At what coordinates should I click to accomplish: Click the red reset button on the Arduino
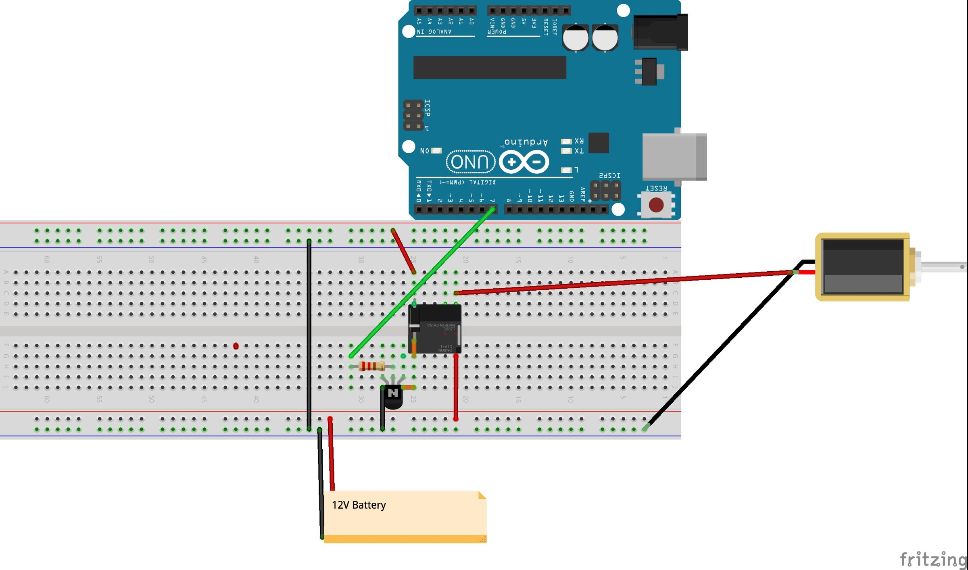pyautogui.click(x=656, y=205)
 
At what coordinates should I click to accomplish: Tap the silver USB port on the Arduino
pyautogui.click(x=674, y=156)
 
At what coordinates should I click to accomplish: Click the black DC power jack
pyautogui.click(x=660, y=32)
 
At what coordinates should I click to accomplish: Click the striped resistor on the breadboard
pyautogui.click(x=371, y=366)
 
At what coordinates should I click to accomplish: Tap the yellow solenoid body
pyautogui.click(x=862, y=266)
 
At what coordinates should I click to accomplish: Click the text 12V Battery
pyautogui.click(x=359, y=505)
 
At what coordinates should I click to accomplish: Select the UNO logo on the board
pyautogui.click(x=470, y=162)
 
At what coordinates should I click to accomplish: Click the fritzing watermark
pyautogui.click(x=933, y=560)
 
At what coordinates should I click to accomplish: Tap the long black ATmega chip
pyautogui.click(x=489, y=67)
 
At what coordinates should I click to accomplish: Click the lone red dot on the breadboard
pyautogui.click(x=236, y=346)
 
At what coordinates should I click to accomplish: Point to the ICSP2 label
pyautogui.click(x=609, y=176)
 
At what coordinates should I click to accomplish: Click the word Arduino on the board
pyautogui.click(x=526, y=142)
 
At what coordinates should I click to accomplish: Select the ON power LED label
pyautogui.click(x=424, y=151)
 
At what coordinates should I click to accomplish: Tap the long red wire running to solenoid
pyautogui.click(x=625, y=282)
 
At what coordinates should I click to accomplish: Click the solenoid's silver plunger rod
pyautogui.click(x=944, y=266)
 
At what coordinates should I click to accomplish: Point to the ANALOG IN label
pyautogui.click(x=434, y=32)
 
